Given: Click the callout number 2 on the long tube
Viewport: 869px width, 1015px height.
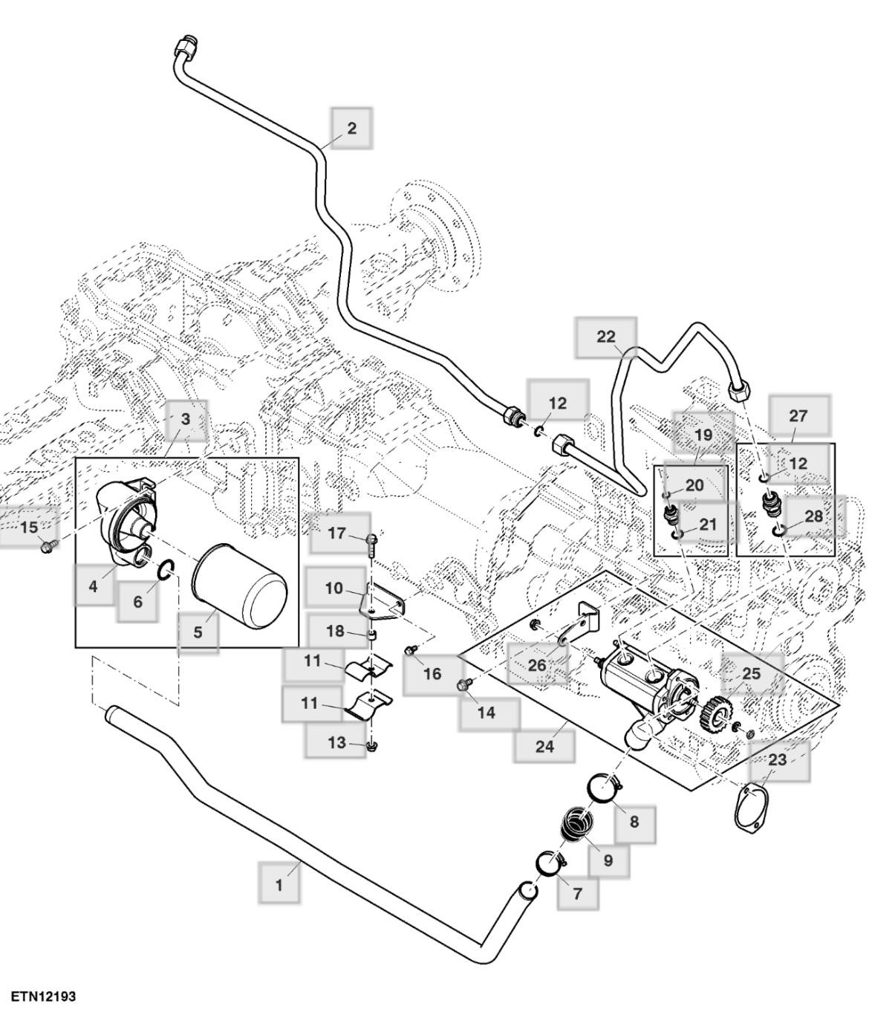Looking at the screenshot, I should click(351, 128).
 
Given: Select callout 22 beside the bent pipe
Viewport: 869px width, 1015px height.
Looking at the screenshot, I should click(606, 337).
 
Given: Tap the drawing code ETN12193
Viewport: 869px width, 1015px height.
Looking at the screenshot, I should click(43, 995).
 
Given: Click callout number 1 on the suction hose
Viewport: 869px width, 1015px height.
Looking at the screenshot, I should click(279, 885).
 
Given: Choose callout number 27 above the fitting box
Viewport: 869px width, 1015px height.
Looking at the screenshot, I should click(798, 415).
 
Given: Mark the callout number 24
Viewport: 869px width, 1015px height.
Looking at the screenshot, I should click(544, 746).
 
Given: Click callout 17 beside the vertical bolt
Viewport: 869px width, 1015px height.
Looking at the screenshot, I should click(336, 533).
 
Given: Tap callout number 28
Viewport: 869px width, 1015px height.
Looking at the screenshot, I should click(814, 516).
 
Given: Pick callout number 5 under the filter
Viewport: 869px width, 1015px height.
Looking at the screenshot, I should click(198, 632).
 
